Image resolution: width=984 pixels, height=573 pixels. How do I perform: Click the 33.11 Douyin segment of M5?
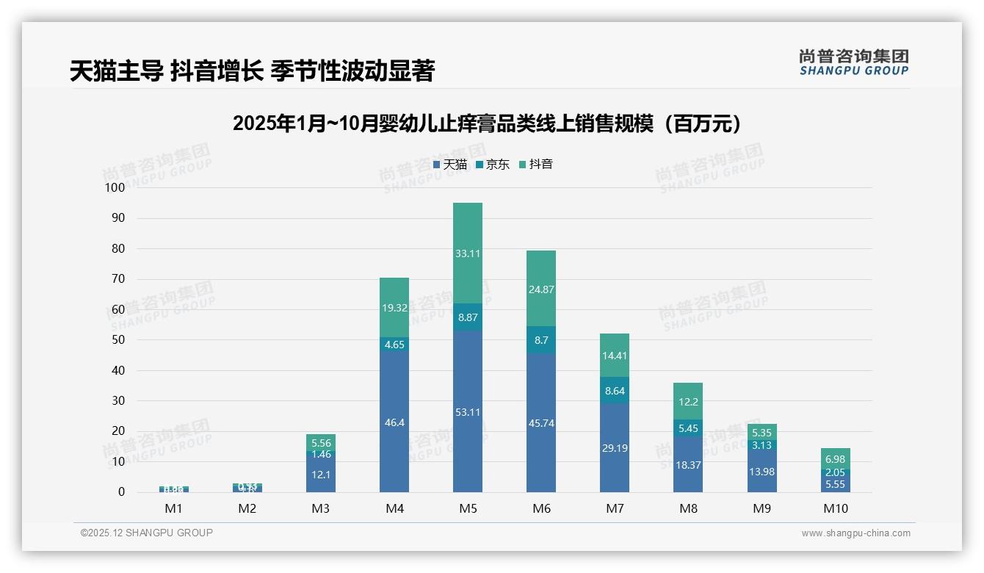tap(468, 253)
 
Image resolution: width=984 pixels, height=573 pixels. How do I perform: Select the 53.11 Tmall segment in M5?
tap(468, 411)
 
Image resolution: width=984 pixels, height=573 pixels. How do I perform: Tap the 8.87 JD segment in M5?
tap(468, 317)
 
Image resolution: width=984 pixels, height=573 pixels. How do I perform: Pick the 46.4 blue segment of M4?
tap(394, 422)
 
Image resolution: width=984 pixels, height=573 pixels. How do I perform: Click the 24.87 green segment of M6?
tap(541, 289)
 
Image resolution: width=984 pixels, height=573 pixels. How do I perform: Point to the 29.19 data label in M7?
tap(615, 447)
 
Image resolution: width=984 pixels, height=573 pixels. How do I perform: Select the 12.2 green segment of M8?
tap(688, 402)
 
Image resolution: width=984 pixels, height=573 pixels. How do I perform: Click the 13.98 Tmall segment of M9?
tap(761, 471)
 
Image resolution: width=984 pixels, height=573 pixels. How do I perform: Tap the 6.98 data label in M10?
tap(835, 458)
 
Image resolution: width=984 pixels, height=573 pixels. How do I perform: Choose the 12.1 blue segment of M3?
tap(321, 475)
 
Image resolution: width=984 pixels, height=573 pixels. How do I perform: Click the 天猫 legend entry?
tap(450, 165)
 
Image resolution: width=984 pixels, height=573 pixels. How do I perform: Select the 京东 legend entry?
tap(493, 165)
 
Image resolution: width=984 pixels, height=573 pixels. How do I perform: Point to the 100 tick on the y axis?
tap(115, 187)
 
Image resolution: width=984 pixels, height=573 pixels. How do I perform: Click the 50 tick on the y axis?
tap(118, 340)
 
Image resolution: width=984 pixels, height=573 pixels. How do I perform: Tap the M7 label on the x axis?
tap(615, 508)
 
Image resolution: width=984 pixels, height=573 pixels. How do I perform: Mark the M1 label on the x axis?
tap(174, 508)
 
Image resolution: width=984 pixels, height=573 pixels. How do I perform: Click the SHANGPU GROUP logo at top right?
tap(854, 62)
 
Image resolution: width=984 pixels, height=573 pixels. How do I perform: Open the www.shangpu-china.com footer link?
tap(855, 533)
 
